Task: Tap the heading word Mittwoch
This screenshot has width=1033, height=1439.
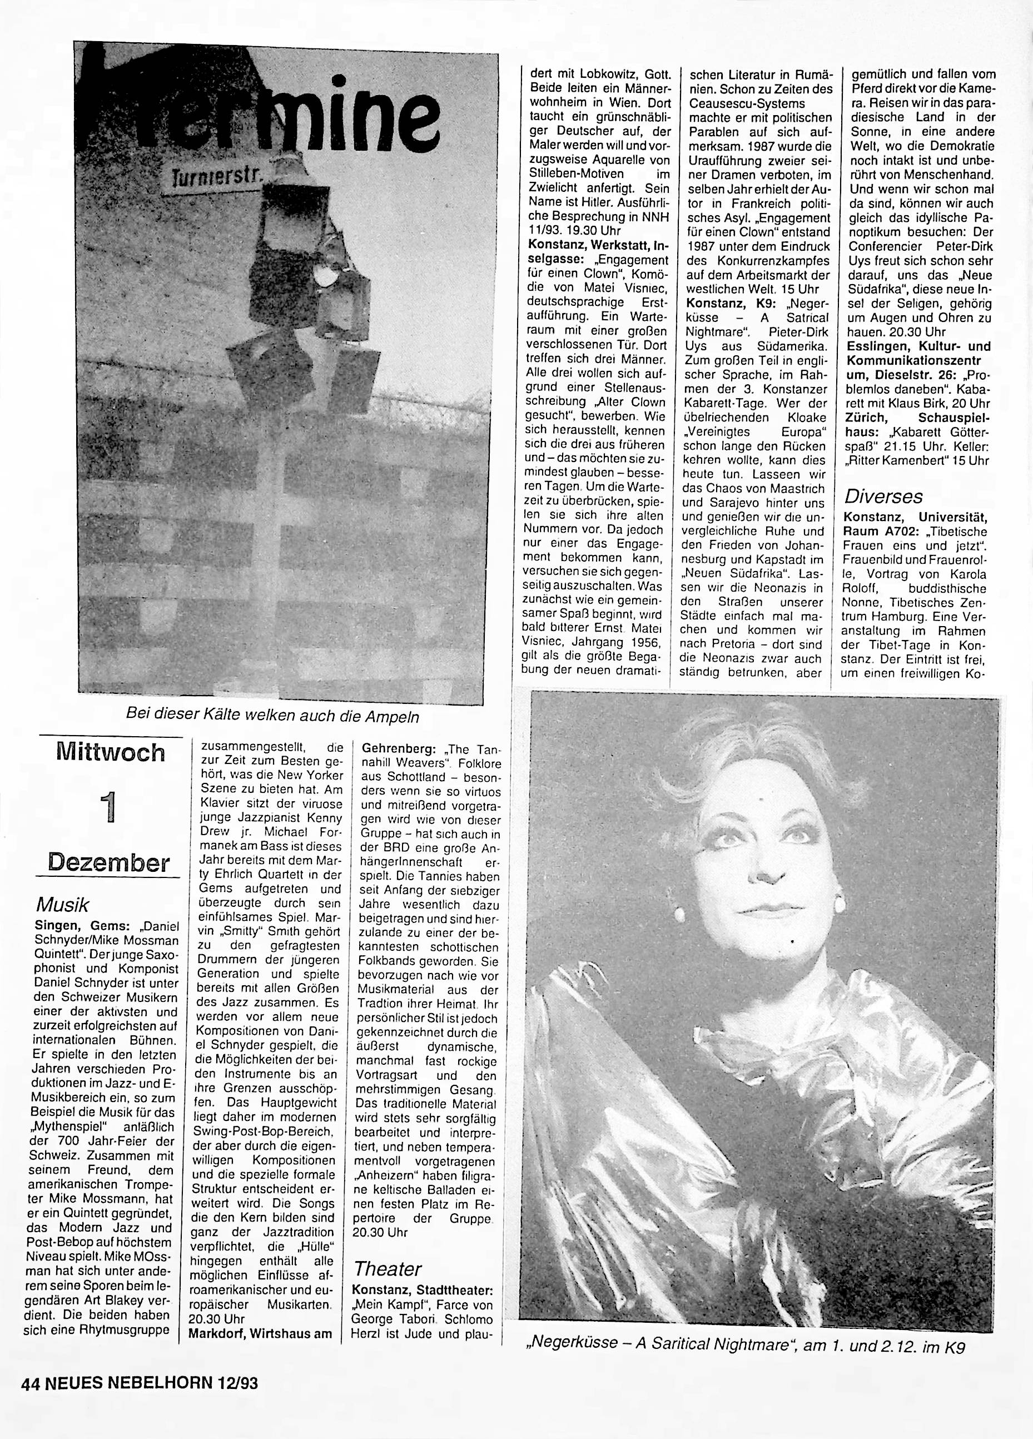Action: [111, 752]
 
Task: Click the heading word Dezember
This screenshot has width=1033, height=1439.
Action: [109, 863]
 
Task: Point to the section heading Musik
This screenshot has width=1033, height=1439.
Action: [62, 904]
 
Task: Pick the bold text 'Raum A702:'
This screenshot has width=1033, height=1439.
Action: [875, 531]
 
